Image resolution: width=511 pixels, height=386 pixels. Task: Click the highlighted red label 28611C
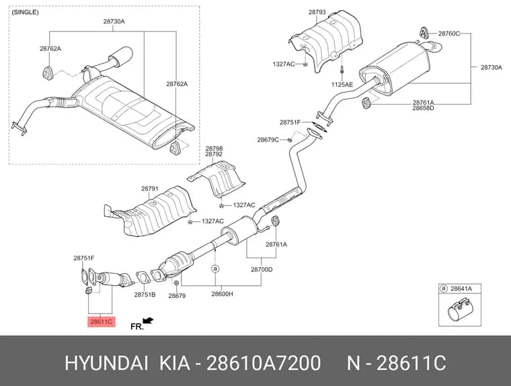[102, 322]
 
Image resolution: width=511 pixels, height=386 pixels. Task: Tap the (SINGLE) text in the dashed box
[25, 12]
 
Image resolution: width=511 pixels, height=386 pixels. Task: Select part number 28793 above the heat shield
[317, 12]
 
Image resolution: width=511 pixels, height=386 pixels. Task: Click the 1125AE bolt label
[342, 85]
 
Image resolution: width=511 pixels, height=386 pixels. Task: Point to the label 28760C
[448, 33]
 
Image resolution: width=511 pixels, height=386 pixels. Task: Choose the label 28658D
[423, 108]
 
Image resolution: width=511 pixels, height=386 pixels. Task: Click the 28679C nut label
[268, 140]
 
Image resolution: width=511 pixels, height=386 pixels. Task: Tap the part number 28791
[149, 189]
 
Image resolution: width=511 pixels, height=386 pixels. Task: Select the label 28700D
[262, 269]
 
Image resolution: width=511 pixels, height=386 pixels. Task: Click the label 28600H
[223, 294]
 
